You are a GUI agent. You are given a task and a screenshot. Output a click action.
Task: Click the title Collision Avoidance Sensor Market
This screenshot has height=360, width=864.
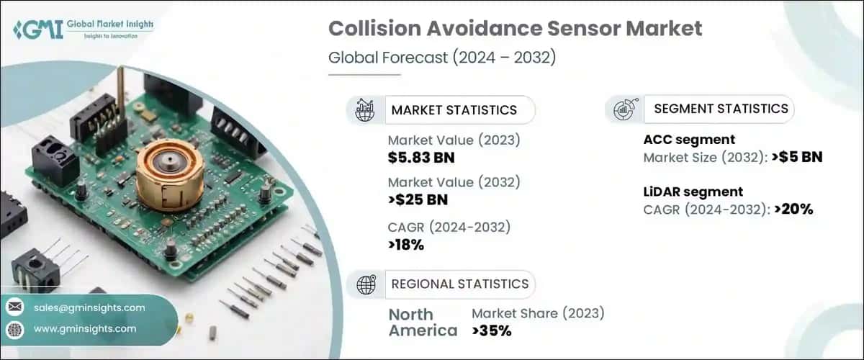coord(515,30)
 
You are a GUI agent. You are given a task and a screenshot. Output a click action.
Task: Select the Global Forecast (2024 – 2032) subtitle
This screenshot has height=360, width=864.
coord(441,58)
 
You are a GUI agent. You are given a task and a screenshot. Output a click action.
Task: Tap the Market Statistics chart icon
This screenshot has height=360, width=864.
coord(364,109)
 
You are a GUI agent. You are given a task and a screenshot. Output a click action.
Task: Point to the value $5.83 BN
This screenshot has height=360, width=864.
coord(421,158)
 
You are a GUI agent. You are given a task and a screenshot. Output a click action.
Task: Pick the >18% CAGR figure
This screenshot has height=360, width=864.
coord(406,245)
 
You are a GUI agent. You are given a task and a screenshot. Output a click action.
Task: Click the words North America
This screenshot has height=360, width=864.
coord(422,322)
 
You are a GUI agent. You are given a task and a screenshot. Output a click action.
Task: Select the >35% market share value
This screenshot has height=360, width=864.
coord(492,330)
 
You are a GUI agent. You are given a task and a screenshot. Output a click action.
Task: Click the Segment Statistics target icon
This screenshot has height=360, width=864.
coord(623,109)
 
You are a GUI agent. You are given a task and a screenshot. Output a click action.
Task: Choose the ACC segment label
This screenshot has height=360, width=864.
coord(688,140)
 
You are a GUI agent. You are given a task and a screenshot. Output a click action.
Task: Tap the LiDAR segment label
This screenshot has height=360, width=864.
coord(693,192)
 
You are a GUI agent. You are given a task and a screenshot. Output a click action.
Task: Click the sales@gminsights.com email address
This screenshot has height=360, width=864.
coord(89,307)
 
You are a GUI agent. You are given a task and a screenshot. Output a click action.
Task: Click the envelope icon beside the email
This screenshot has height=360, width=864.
coord(14,307)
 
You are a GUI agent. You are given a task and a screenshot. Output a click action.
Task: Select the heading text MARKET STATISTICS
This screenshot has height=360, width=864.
coord(454,110)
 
